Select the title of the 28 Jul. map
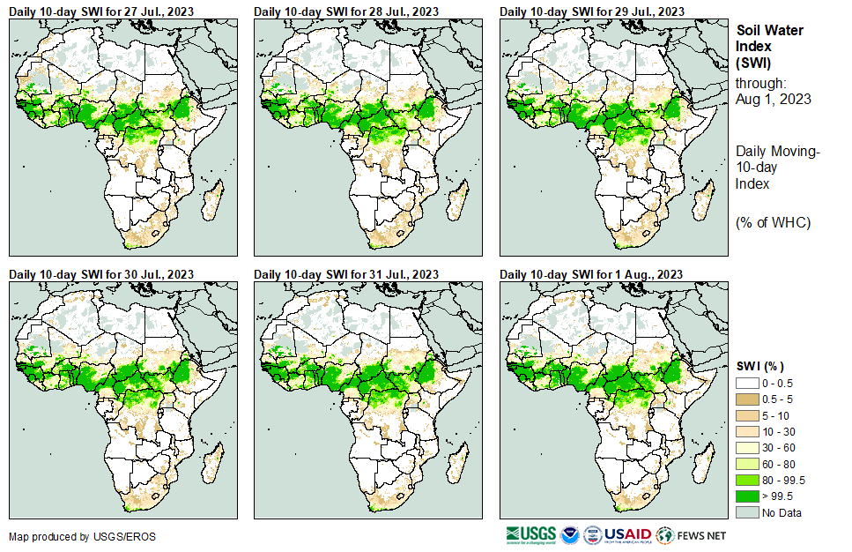pos(346,11)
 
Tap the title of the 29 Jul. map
pos(592,11)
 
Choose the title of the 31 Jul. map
pos(346,275)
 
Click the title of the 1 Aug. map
pos(592,275)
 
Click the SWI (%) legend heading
pos(760,366)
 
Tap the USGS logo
pos(530,534)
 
